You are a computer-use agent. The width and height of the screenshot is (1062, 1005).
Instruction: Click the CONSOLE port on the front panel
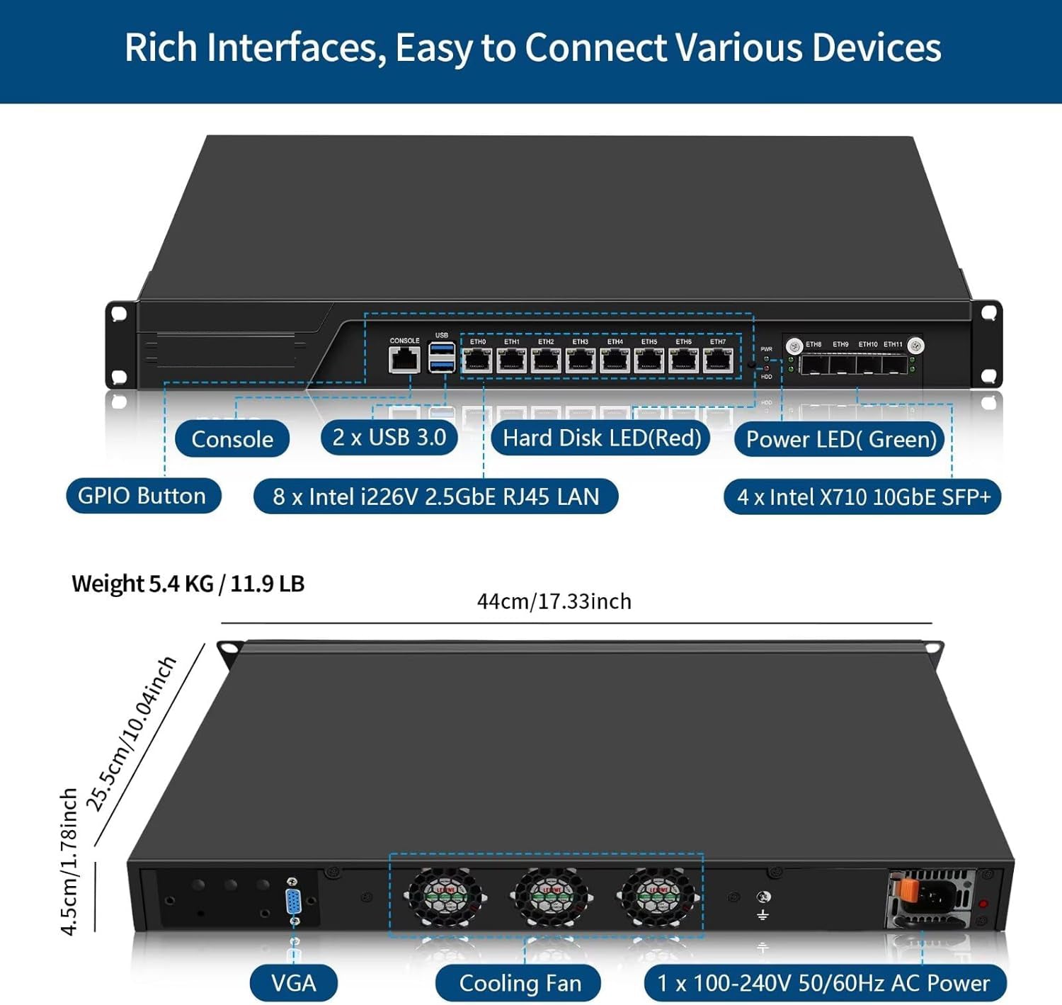(404, 360)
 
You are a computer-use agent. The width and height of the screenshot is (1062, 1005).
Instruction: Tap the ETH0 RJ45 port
(477, 360)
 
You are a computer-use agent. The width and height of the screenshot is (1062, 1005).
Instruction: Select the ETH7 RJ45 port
(717, 360)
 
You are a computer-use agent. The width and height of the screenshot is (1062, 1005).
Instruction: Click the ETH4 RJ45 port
(615, 360)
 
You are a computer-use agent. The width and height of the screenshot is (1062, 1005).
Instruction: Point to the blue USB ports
(442, 357)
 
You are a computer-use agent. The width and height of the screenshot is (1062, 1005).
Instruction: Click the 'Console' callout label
(232, 439)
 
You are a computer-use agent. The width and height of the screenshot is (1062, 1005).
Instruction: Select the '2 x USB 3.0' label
(389, 437)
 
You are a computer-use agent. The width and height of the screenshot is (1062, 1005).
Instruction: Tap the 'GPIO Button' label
(142, 495)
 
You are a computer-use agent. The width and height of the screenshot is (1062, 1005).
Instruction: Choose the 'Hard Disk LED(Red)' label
(602, 438)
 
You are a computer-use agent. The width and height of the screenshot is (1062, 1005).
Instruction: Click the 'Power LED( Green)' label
(841, 439)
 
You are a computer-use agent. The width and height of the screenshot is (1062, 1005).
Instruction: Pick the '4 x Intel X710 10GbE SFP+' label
(863, 496)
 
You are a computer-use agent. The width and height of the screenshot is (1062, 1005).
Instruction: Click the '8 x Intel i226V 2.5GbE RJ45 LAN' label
(436, 496)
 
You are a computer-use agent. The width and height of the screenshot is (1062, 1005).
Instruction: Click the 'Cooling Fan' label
(520, 983)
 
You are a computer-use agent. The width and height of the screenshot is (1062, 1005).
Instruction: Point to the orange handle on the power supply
(906, 890)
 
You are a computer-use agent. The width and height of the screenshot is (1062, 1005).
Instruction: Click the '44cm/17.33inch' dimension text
(554, 601)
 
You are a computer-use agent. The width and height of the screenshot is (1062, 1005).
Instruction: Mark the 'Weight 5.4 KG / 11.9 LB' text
(188, 584)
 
